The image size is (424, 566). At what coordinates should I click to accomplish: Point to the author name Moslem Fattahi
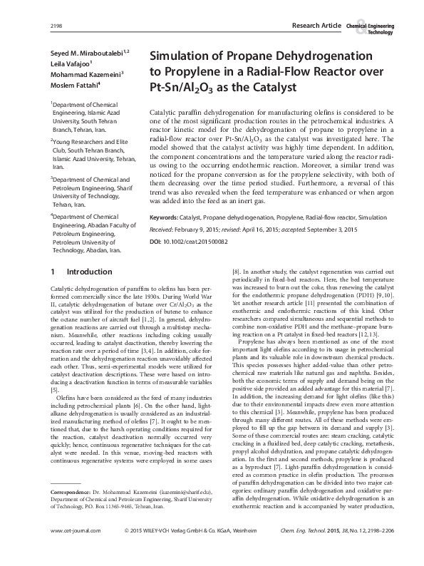73,85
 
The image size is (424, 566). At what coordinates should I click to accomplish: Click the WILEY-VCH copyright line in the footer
205,550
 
